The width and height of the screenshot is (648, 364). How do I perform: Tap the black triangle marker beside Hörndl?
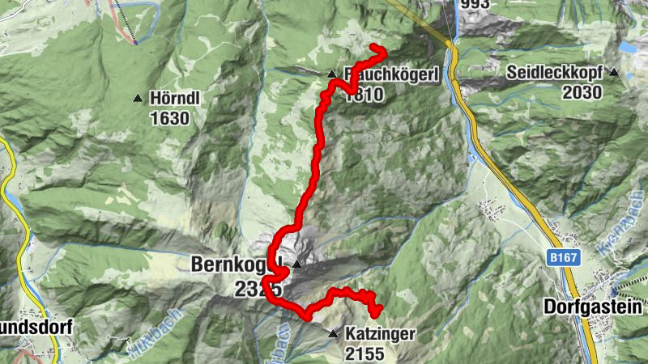[x=138, y=99]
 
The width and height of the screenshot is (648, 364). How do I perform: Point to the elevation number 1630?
[x=169, y=118]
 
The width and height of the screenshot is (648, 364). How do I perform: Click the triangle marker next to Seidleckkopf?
[x=615, y=73]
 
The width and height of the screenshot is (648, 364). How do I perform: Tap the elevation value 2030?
[x=582, y=92]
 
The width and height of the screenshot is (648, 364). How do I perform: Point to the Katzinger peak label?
[x=380, y=334]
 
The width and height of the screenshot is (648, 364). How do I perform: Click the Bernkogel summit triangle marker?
[x=297, y=264]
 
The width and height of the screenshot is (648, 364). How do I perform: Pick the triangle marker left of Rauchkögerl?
[x=332, y=75]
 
